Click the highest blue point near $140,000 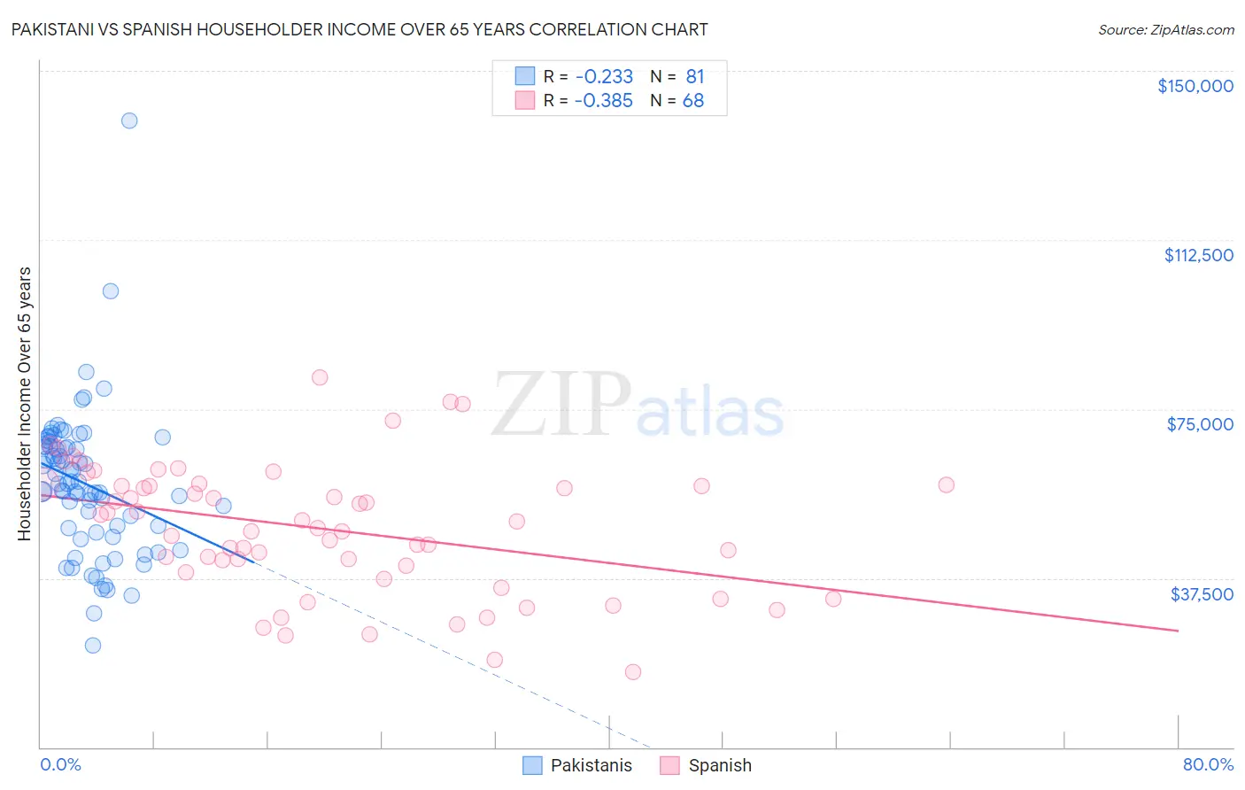(x=129, y=120)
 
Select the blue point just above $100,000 (x=111, y=290)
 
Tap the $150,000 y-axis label (x=1195, y=86)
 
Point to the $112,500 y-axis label (x=1198, y=255)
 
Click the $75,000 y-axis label (x=1200, y=424)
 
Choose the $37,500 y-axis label (x=1202, y=593)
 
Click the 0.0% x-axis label (x=60, y=764)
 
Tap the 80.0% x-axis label (x=1208, y=764)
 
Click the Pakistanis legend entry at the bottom (x=591, y=765)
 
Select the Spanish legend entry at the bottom (x=719, y=765)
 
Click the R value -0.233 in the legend (x=603, y=76)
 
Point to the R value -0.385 (x=603, y=100)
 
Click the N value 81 (x=694, y=76)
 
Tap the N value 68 (x=692, y=100)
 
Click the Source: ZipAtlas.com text (x=1165, y=29)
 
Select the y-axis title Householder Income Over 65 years (x=25, y=403)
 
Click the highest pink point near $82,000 (x=320, y=377)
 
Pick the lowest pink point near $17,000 (x=633, y=671)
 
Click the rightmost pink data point (x=946, y=484)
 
